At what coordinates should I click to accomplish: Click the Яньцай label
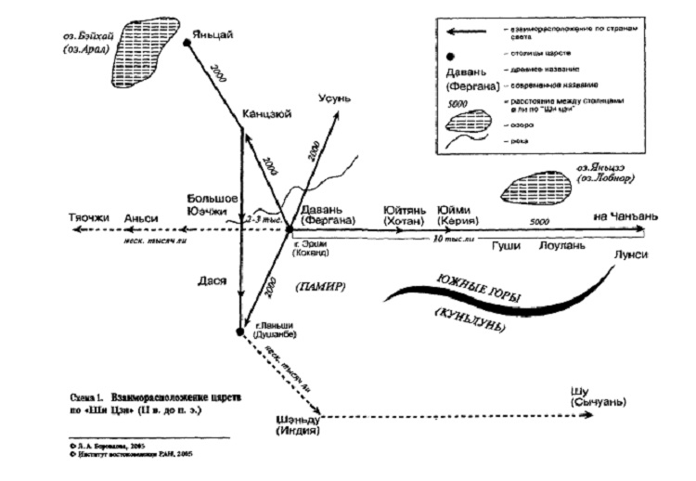(x=214, y=36)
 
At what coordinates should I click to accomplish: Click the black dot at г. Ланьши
(x=240, y=331)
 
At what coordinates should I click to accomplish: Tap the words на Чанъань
(x=625, y=216)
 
